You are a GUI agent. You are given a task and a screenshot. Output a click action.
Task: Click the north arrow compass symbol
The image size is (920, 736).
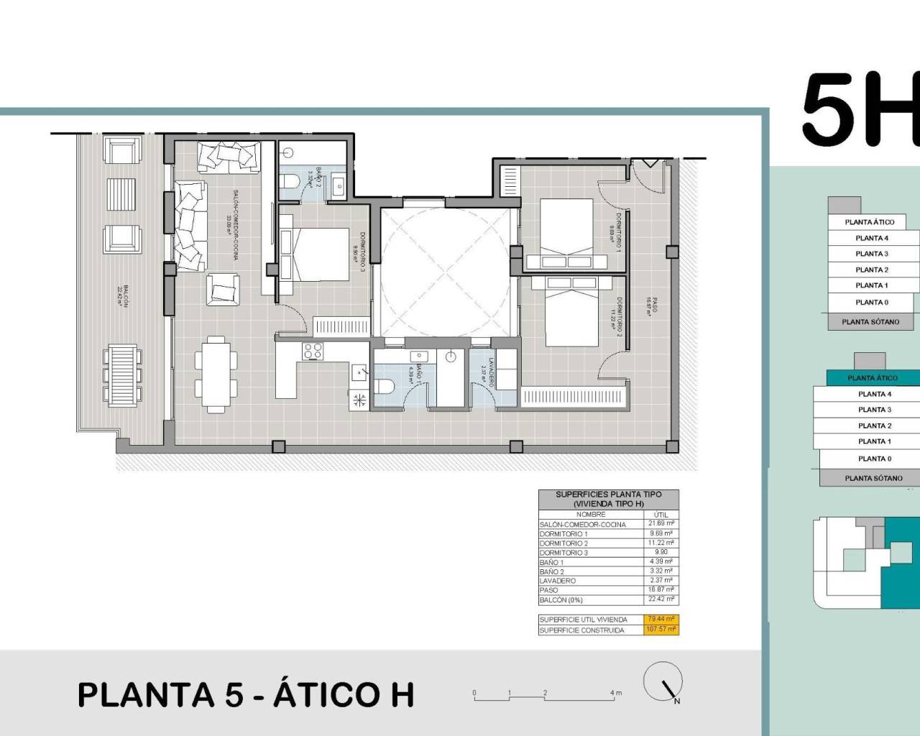(x=663, y=682)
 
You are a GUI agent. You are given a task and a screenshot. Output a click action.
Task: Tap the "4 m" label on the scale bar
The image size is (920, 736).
(x=616, y=694)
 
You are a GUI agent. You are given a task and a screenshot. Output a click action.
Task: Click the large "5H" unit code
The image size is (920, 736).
(x=860, y=110)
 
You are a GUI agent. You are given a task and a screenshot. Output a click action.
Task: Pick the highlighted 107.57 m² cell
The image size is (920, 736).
(x=661, y=630)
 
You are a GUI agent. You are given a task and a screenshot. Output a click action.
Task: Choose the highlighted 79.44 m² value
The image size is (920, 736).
(x=661, y=619)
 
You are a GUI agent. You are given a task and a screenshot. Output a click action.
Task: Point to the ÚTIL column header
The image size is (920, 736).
(x=661, y=515)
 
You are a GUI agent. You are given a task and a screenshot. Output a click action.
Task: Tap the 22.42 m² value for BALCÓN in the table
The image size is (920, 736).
(x=661, y=599)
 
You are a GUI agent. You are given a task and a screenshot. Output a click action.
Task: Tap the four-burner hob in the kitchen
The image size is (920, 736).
(x=313, y=351)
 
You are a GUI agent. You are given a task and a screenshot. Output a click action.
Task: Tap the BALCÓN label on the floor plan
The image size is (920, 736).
(x=124, y=294)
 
